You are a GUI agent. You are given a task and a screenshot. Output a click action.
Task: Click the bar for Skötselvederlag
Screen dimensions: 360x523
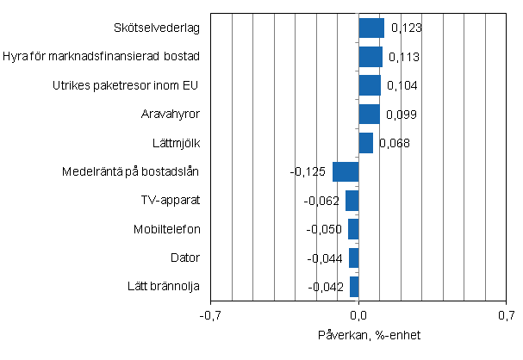pyautogui.click(x=371, y=28)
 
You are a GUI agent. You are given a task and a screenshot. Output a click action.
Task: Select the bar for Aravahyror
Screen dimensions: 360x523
pyautogui.click(x=369, y=115)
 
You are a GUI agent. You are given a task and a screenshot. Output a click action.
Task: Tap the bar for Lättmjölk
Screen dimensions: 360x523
pyautogui.click(x=365, y=143)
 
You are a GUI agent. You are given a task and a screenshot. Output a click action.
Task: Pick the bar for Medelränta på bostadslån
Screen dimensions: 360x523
pyautogui.click(x=346, y=171)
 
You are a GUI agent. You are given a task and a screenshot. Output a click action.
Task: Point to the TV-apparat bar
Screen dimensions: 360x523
pyautogui.click(x=352, y=201)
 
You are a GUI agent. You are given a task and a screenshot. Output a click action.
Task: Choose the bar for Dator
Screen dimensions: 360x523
pyautogui.click(x=353, y=258)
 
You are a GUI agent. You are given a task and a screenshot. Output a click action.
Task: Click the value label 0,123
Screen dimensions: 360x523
pyautogui.click(x=406, y=28)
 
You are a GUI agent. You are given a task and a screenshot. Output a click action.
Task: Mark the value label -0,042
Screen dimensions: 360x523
pyautogui.click(x=327, y=287)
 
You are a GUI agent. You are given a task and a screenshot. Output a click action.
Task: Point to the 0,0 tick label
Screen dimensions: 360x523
pyautogui.click(x=358, y=315)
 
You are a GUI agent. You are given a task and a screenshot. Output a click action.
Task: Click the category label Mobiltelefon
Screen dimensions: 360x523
pyautogui.click(x=167, y=229)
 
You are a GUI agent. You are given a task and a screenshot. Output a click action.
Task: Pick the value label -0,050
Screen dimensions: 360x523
pyautogui.click(x=325, y=230)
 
